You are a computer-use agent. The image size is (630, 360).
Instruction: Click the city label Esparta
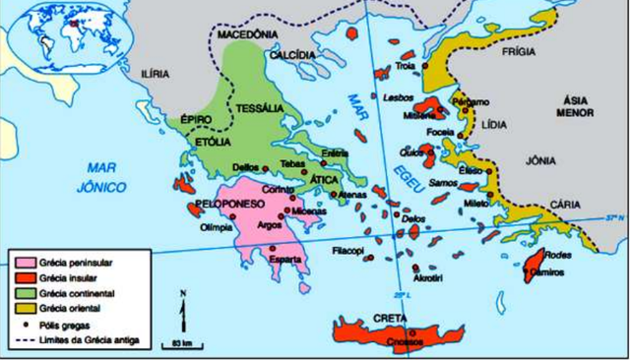coord(285,261)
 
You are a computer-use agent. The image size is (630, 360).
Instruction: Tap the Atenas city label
coord(352,194)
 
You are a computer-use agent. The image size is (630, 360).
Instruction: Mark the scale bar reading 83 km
coord(179,341)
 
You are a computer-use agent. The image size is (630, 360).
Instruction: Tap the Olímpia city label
coord(217,227)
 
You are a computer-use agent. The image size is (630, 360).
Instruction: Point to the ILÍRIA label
coord(156,73)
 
